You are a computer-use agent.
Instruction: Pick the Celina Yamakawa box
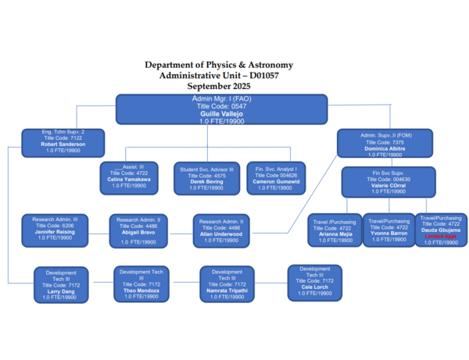click(x=129, y=176)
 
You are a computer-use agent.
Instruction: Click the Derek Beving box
click(x=206, y=176)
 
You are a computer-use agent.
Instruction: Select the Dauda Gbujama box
click(x=442, y=230)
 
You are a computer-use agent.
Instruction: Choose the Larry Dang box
click(x=66, y=286)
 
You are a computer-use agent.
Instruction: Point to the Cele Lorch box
click(x=314, y=281)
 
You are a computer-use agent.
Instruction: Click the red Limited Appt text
click(x=441, y=236)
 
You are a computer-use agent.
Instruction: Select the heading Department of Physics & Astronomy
click(x=219, y=65)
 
